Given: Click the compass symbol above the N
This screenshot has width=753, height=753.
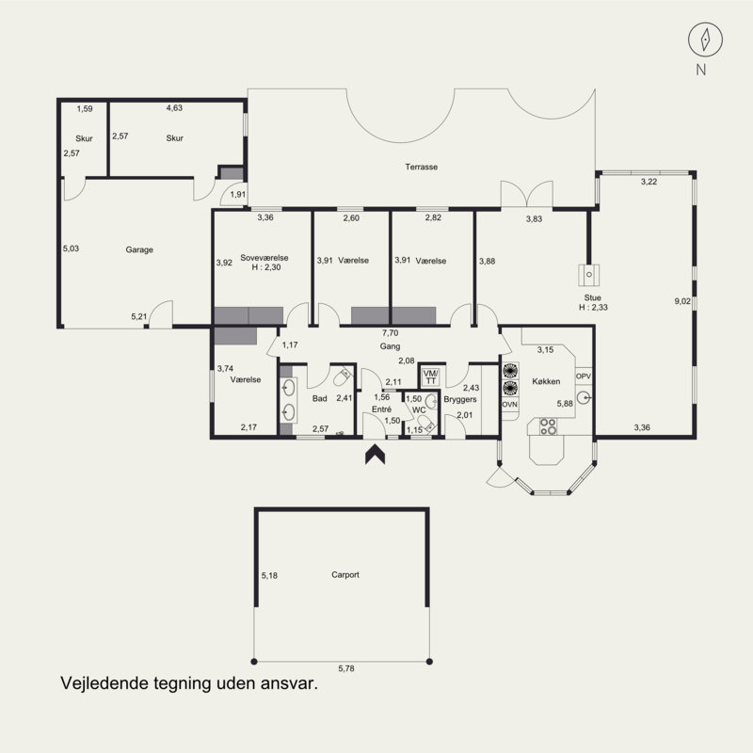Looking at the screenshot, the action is [705, 40].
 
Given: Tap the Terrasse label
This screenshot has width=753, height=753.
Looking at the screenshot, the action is [421, 168].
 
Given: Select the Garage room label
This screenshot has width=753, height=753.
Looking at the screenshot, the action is [139, 249].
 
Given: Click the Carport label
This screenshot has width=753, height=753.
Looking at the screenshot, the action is [345, 575].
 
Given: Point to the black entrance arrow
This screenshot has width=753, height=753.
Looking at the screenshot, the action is [375, 455].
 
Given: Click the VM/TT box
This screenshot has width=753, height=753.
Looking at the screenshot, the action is [431, 377].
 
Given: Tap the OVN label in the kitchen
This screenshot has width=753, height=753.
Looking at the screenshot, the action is [509, 405].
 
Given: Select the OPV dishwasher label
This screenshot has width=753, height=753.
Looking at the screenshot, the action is [583, 376].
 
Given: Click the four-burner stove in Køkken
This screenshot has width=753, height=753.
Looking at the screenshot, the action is [548, 426].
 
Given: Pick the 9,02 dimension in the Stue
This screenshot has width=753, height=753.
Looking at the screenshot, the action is [682, 301].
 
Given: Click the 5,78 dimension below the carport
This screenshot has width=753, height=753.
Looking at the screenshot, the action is [346, 668].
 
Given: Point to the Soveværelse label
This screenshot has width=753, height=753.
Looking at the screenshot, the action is [264, 258].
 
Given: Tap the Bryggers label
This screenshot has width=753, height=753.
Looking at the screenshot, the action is [460, 399].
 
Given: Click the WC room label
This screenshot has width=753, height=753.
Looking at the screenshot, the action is [419, 410].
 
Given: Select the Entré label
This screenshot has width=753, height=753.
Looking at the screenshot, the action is [382, 409].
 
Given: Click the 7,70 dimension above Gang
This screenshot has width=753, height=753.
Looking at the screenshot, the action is [390, 333].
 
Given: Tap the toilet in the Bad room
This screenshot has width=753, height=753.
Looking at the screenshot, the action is [343, 377].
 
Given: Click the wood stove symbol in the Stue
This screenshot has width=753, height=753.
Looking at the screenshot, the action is [589, 275].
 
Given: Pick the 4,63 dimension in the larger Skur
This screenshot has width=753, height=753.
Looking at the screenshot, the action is [174, 108].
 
